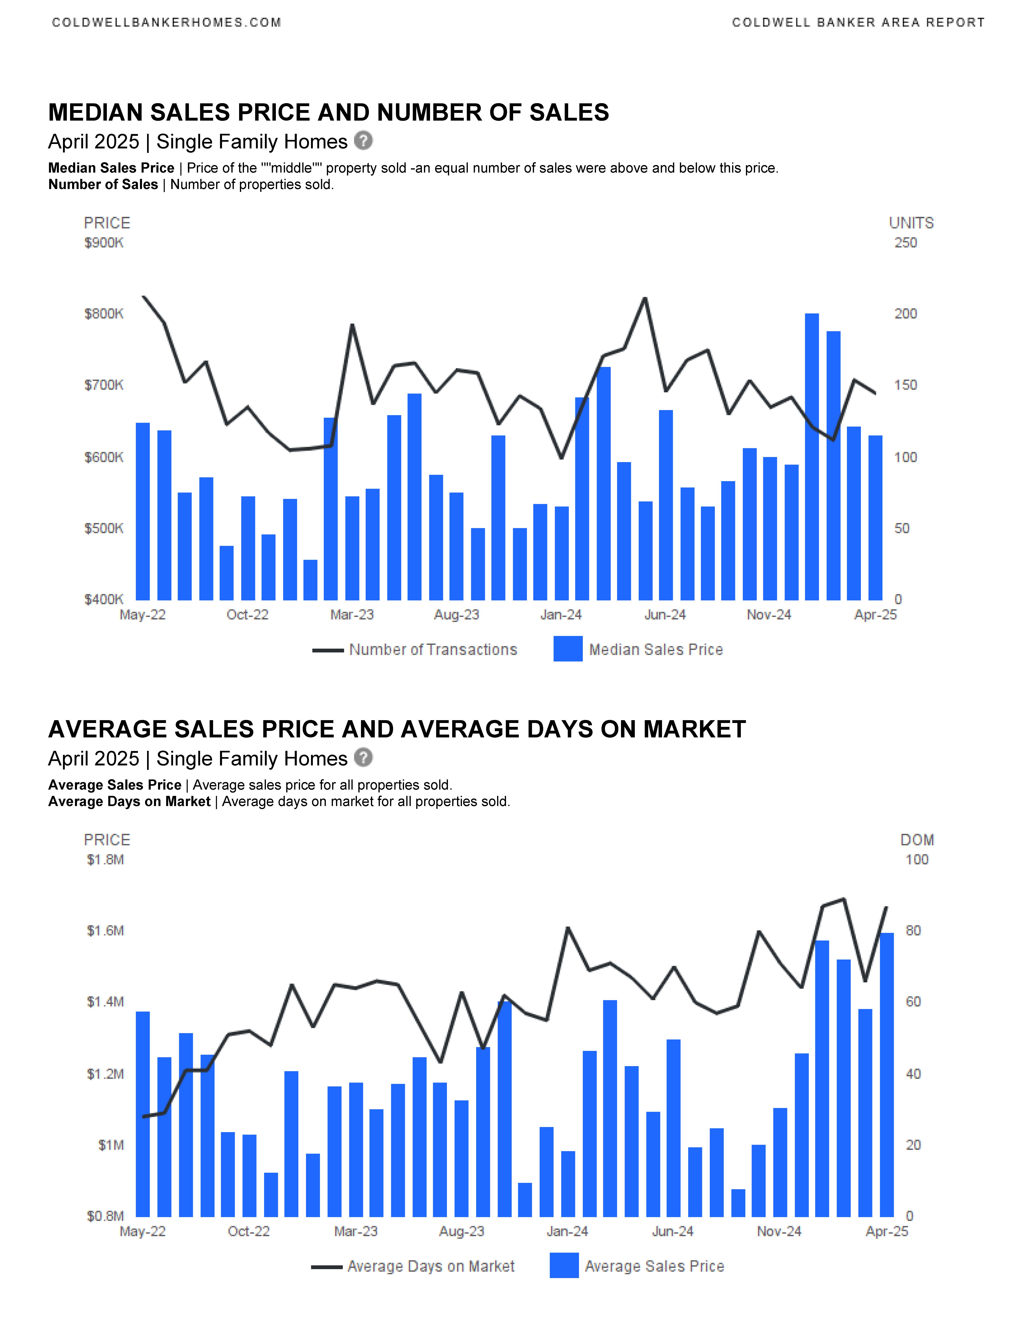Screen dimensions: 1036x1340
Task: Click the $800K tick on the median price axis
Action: coord(104,314)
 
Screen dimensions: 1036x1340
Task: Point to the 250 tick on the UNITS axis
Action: coord(905,243)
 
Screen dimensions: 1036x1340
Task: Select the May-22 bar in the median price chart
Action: coord(142,511)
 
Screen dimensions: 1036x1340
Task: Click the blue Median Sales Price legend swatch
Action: coord(568,649)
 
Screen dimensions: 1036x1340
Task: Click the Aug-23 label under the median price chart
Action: coord(457,615)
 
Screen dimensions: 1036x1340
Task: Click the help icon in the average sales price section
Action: coord(363,758)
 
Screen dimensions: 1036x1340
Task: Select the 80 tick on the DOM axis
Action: coord(913,931)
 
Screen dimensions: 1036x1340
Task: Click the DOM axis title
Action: coord(917,840)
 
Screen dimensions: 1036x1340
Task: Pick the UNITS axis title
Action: coord(911,223)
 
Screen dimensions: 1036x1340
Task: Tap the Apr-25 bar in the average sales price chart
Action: coord(887,1075)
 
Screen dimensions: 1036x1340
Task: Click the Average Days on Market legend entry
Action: coord(413,1266)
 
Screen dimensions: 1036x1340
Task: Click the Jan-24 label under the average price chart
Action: coord(567,1231)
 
